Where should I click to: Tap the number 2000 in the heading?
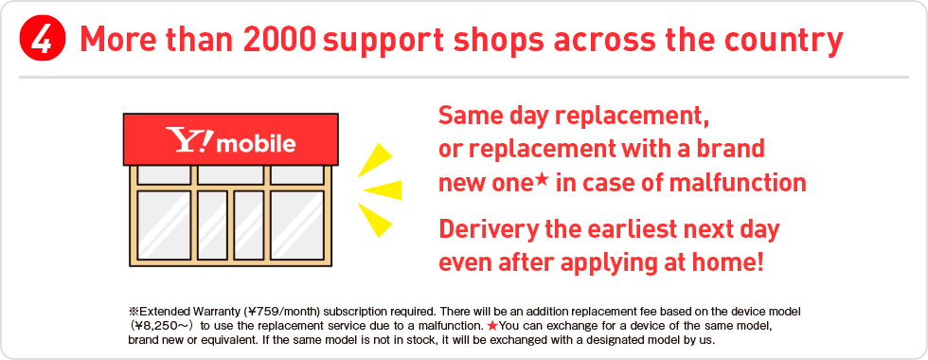click(279, 40)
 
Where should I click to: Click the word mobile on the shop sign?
click(257, 142)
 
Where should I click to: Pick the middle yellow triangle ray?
click(383, 190)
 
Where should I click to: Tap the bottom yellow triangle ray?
click(375, 220)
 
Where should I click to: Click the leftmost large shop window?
click(164, 225)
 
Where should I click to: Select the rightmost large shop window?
click(297, 225)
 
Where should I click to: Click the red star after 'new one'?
click(544, 178)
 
